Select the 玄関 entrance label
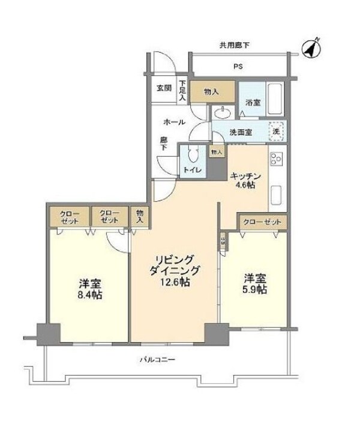163,88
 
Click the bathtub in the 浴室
275,100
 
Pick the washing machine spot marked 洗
277,130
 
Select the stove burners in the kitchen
277,160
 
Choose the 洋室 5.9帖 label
254,283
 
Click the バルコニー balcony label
157,360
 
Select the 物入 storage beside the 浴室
210,92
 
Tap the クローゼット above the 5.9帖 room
262,222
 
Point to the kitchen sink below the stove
277,195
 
